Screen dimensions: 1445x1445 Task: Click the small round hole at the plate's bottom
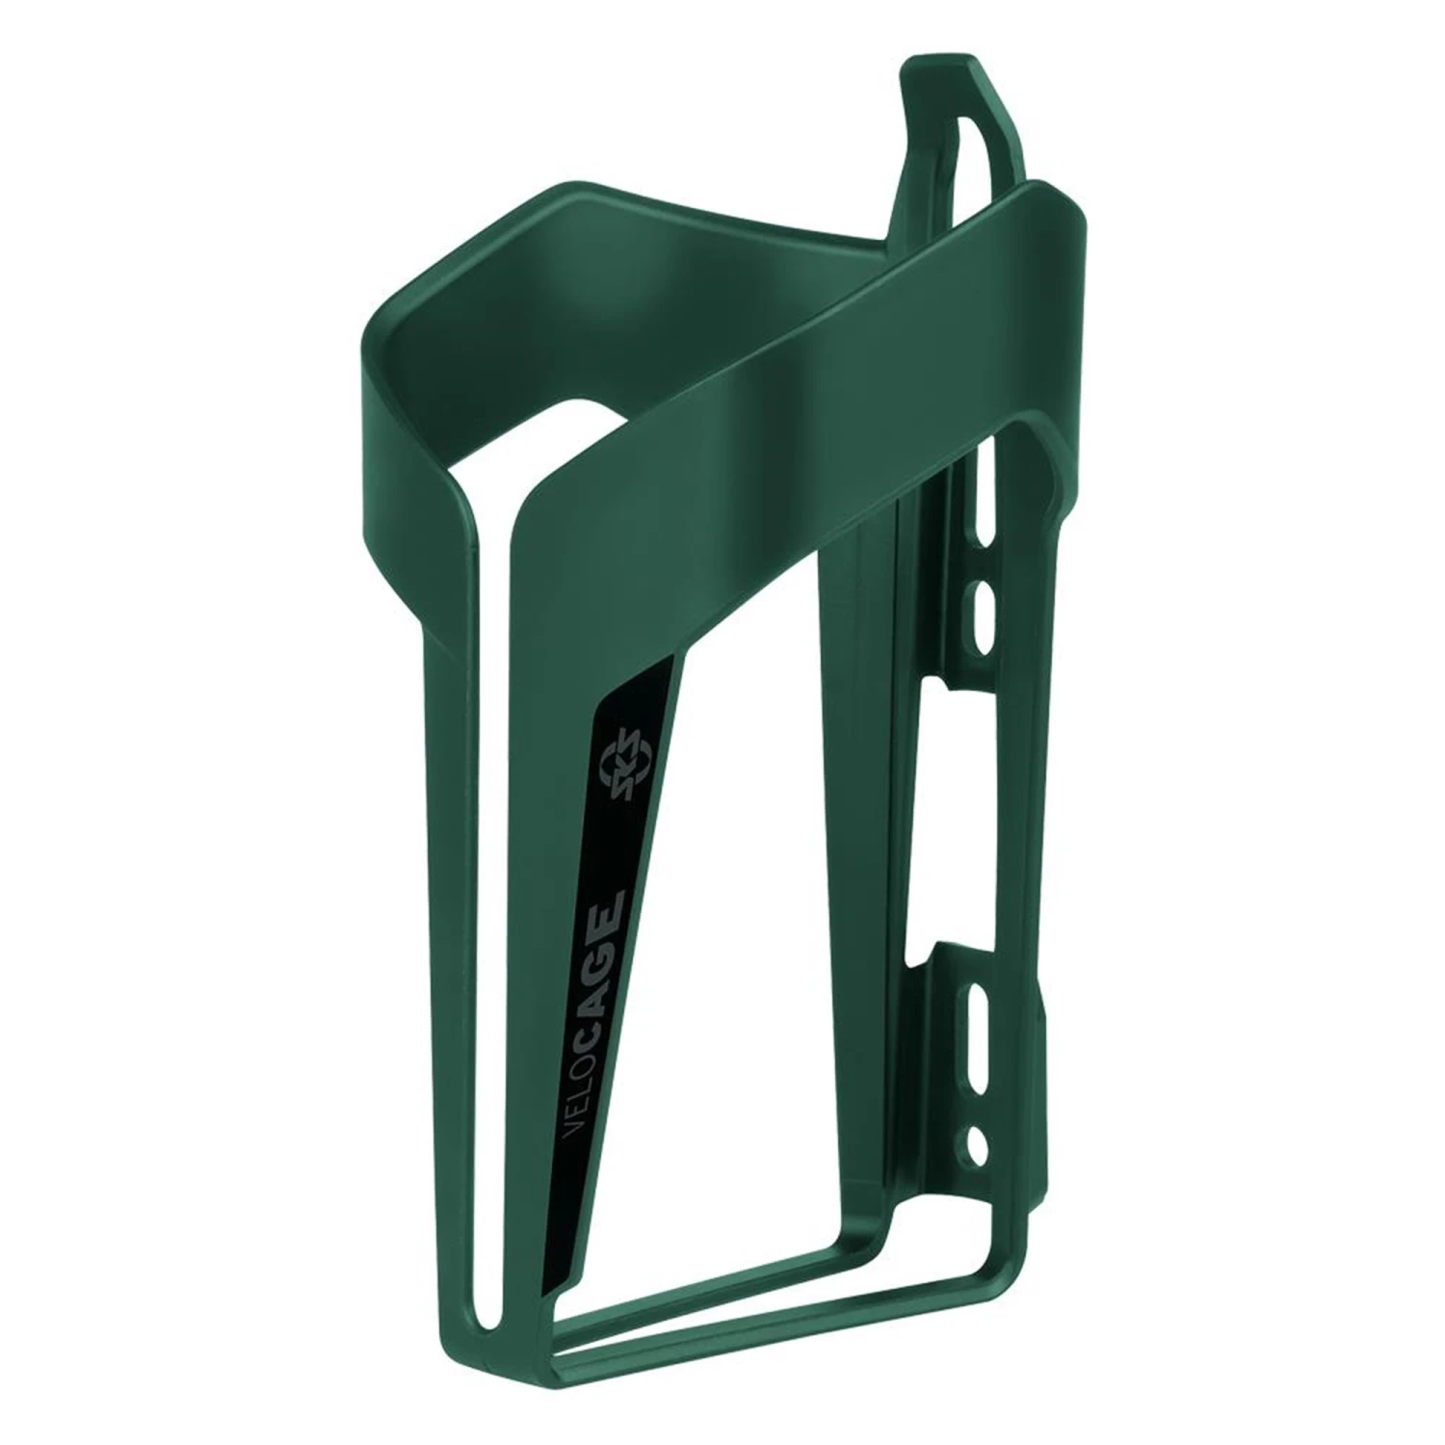click(981, 1143)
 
